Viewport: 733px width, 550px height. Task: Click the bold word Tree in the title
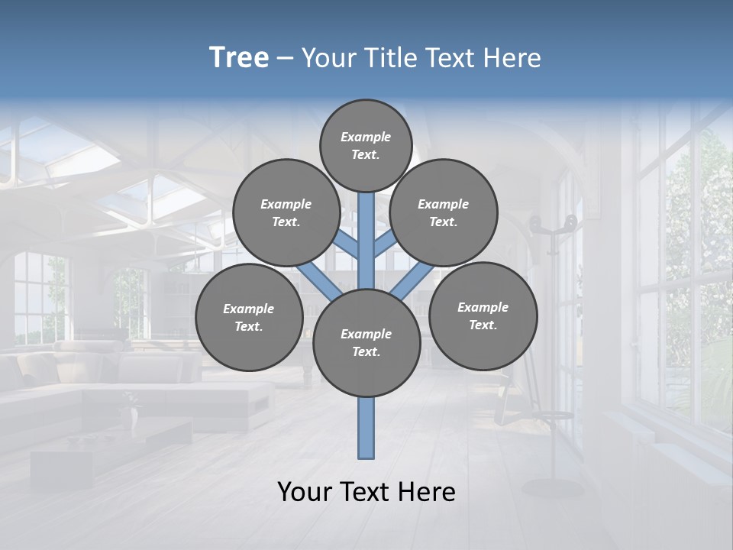[x=239, y=58]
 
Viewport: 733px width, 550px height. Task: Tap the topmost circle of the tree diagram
[x=366, y=145]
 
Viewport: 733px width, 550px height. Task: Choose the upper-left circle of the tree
[x=286, y=212]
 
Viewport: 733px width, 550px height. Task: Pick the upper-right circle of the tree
[x=444, y=212]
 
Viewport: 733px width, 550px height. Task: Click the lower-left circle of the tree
[x=249, y=317]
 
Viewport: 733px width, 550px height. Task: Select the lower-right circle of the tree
[x=483, y=315]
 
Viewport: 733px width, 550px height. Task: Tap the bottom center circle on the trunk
[x=366, y=343]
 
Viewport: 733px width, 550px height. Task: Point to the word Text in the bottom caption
[x=366, y=492]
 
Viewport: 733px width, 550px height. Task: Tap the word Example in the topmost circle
[x=366, y=137]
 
